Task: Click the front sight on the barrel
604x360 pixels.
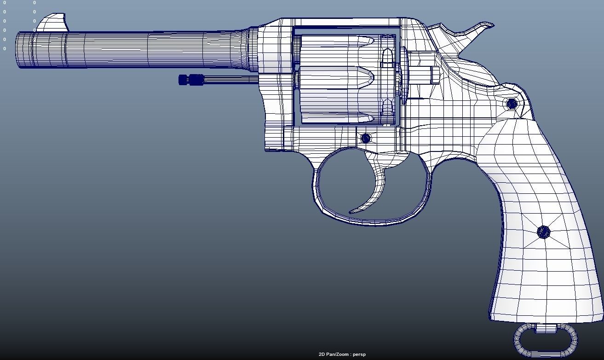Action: coord(52,23)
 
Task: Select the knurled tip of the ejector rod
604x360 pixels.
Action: coord(190,80)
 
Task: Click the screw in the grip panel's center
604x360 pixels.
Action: coord(543,232)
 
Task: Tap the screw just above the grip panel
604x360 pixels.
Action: coord(512,104)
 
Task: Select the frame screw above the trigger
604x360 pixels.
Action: coord(366,138)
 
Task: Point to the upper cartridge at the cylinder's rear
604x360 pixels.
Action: coord(388,58)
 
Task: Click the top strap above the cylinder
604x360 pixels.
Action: coord(345,23)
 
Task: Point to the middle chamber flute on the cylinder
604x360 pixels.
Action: coord(340,77)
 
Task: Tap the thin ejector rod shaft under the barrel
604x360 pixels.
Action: coord(230,80)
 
